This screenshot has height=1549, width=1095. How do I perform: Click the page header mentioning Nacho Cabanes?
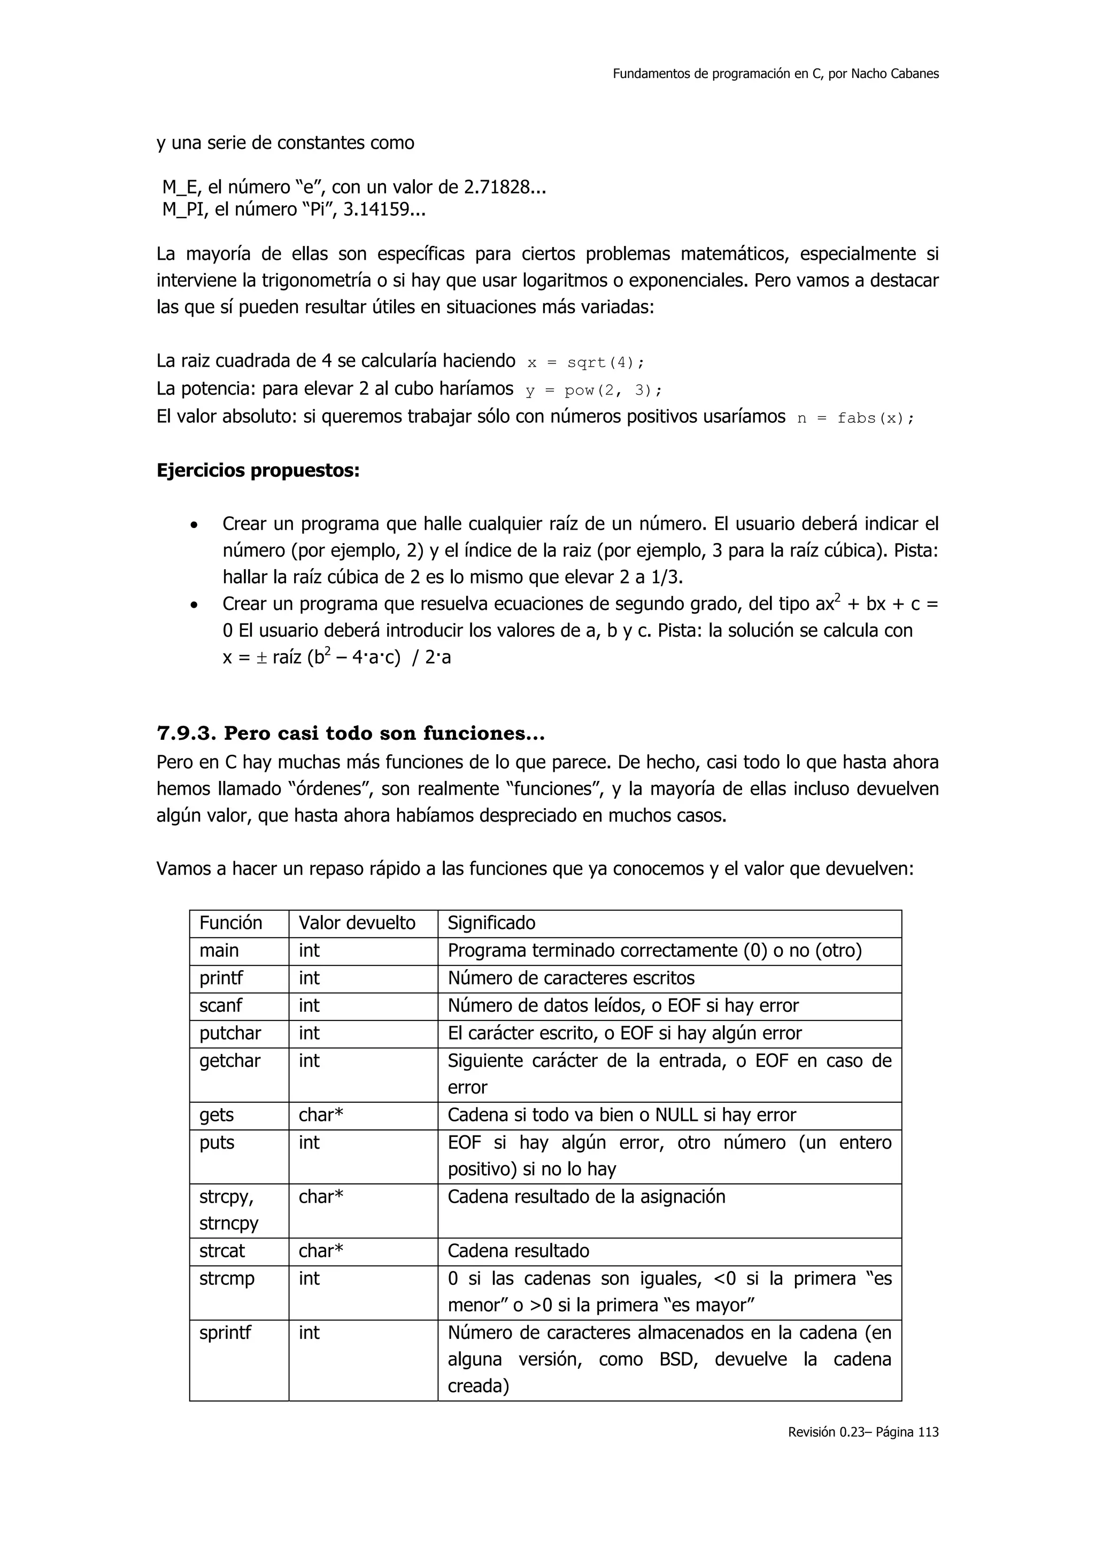tap(775, 74)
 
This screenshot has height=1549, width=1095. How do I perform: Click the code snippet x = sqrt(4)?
tap(585, 363)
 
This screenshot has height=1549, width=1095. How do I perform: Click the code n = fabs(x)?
tap(855, 419)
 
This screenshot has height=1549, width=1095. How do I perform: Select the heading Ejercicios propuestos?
tap(258, 470)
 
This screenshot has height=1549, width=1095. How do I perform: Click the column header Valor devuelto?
tap(357, 923)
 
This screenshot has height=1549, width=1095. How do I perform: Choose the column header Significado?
tap(491, 923)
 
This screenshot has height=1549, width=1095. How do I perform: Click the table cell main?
tap(219, 950)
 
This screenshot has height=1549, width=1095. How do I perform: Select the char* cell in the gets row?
tap(321, 1115)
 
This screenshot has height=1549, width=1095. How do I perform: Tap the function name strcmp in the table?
tap(227, 1279)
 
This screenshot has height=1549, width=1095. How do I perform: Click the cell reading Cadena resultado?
tap(518, 1251)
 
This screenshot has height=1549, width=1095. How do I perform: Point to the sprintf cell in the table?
tap(225, 1333)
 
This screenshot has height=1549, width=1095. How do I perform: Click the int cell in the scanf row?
tap(309, 1006)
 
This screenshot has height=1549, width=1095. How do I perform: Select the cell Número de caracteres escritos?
tap(571, 978)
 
